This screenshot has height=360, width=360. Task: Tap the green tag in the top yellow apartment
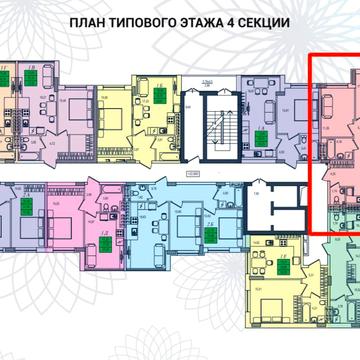click(x=158, y=94)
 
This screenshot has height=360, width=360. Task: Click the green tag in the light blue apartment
click(x=210, y=235)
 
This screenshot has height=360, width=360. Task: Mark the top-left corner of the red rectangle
click(x=309, y=54)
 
